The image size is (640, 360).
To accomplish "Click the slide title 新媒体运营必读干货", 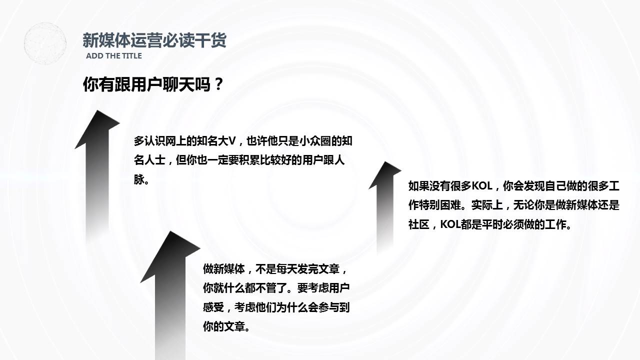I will tap(154, 39).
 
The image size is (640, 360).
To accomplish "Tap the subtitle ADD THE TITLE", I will tap(113, 56).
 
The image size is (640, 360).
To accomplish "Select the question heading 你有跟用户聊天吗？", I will tap(152, 84).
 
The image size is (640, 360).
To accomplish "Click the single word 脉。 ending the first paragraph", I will tap(141, 179).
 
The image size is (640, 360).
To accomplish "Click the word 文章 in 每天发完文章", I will tap(329, 269).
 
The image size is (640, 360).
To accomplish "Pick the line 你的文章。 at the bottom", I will tap(226, 327).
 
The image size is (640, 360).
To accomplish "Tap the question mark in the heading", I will tap(217, 84).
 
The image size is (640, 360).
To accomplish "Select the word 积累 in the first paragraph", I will tap(249, 160).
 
